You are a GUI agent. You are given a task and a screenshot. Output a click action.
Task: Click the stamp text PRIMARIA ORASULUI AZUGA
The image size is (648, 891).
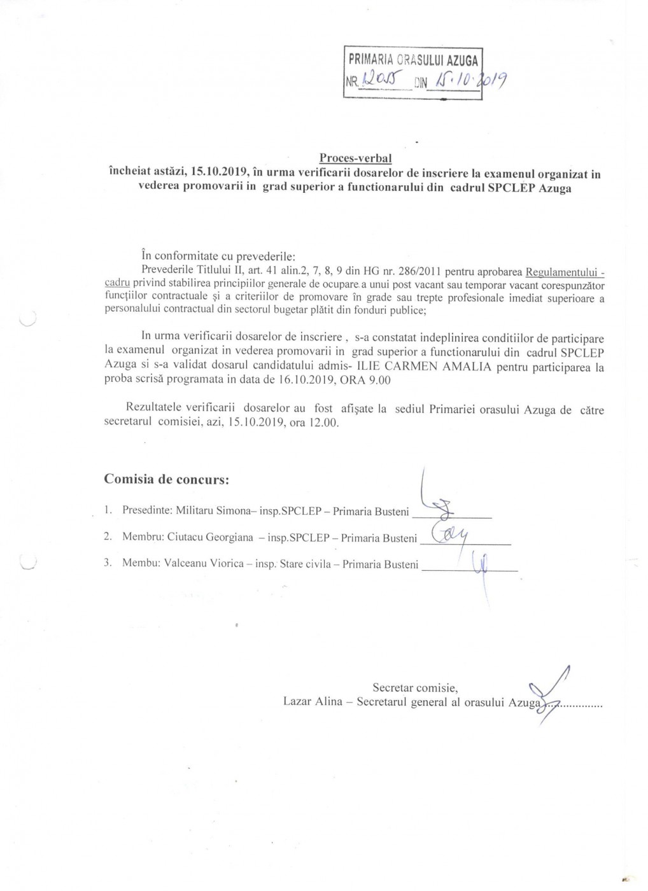click(x=412, y=61)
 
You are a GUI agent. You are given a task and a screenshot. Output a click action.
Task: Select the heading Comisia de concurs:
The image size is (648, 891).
click(x=166, y=479)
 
